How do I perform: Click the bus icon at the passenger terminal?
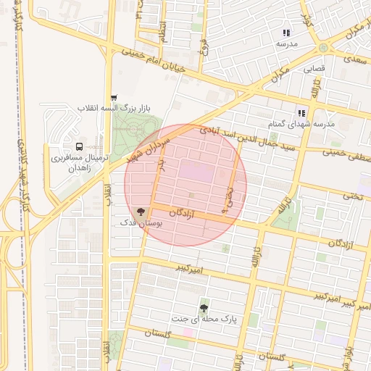(x=78, y=146)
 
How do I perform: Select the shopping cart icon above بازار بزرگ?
(x=113, y=98)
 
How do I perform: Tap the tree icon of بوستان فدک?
(x=140, y=213)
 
